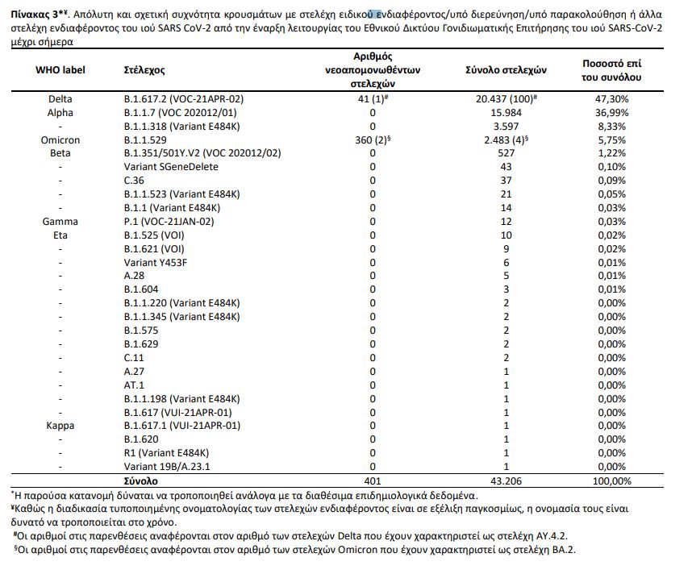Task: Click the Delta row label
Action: [60, 99]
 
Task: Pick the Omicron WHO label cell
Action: [60, 140]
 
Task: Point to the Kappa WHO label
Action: [60, 426]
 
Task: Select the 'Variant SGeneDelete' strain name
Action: [171, 166]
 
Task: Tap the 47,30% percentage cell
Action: [611, 99]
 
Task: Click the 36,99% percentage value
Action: [611, 113]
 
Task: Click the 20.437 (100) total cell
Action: [507, 99]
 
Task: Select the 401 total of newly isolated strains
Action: [373, 479]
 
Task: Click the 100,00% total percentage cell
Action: [611, 479]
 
